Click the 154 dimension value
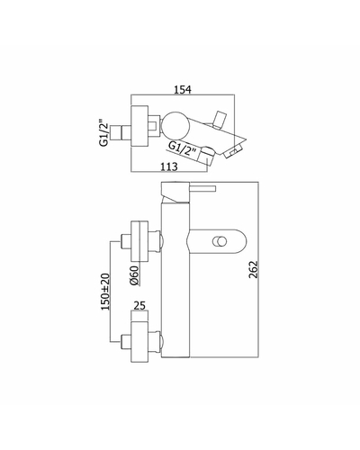tap(183, 89)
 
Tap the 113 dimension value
tap(169, 166)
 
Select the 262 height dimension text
tap(254, 269)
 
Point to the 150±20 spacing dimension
tap(105, 292)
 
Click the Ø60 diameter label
tap(135, 275)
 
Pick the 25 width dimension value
tap(139, 306)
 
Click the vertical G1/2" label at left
tap(103, 133)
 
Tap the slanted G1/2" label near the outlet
tap(183, 148)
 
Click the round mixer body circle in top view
tap(175, 125)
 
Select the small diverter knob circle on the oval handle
tap(220, 241)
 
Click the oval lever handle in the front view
tap(216, 241)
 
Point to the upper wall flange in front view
tap(139, 241)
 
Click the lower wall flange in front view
tap(139, 342)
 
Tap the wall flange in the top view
tap(139, 126)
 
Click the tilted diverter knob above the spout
tap(219, 120)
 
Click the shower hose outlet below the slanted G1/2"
tap(207, 156)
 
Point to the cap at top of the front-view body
tap(175, 193)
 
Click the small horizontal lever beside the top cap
tap(202, 188)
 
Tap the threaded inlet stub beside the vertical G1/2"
tap(121, 132)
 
